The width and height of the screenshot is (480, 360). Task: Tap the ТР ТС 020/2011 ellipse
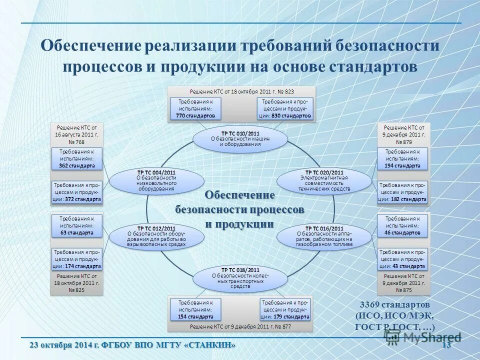coord(324,180)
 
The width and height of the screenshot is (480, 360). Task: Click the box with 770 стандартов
coord(195,108)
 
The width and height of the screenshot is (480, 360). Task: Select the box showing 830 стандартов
coord(285,108)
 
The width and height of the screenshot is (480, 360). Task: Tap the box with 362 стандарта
coord(77,158)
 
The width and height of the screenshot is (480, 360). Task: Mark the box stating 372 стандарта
coord(77,192)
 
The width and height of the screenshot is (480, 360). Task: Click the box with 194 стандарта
coord(402,158)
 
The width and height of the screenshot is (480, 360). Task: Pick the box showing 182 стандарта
coord(402,192)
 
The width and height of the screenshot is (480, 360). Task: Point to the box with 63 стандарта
coord(77,226)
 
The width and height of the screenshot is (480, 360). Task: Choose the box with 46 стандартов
coord(402,226)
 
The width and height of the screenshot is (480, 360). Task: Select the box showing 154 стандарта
coord(195,310)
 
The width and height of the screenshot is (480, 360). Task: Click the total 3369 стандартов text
coord(395,304)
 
